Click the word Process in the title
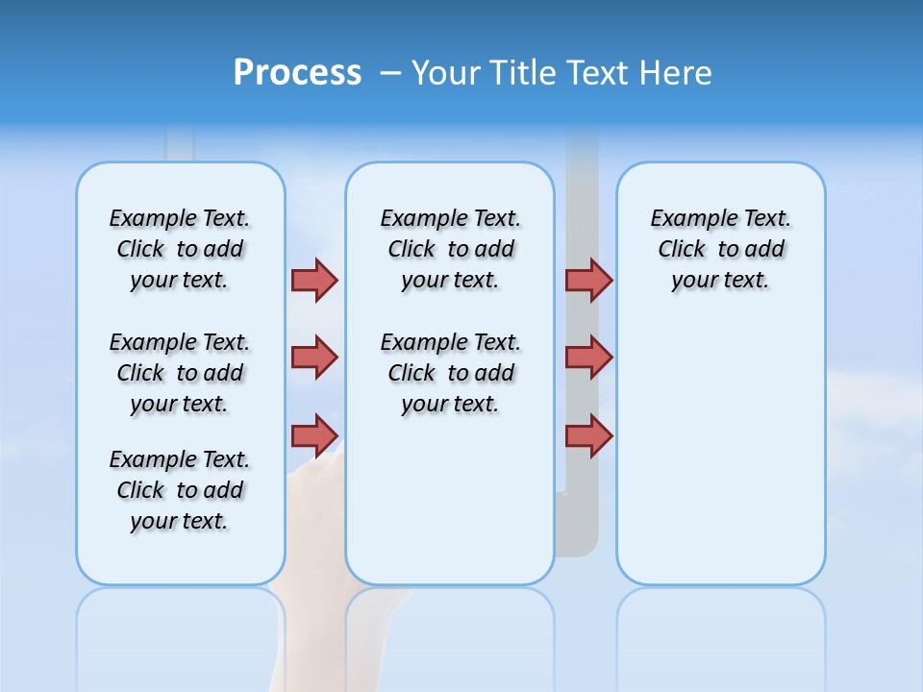tap(297, 72)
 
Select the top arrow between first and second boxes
tap(314, 280)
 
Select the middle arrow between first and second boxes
tap(314, 358)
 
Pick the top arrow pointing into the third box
tap(588, 280)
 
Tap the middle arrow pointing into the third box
tap(588, 358)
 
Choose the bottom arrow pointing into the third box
tap(588, 435)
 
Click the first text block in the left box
tap(180, 249)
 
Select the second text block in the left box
tap(180, 373)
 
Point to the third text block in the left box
tap(180, 490)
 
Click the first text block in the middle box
tap(450, 249)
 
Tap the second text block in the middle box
tap(450, 373)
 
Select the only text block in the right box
tap(720, 249)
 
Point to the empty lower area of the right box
tap(720, 461)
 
